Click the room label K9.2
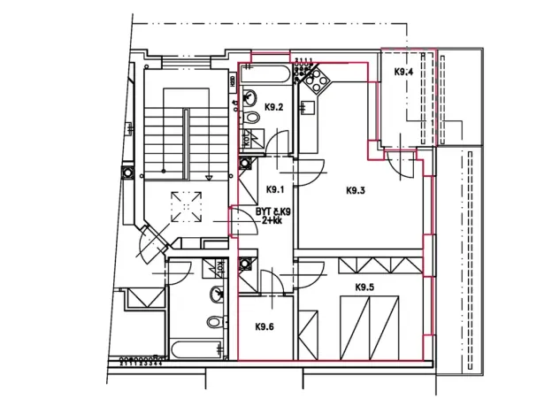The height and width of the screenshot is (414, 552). [x=274, y=108]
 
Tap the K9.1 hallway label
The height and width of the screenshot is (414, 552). [x=274, y=189]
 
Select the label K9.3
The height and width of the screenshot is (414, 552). [x=356, y=189]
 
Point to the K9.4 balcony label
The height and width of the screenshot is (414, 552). [x=403, y=72]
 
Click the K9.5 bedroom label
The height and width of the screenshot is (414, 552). [x=364, y=287]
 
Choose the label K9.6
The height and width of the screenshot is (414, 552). [x=264, y=326]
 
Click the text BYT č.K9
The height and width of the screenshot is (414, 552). [x=273, y=211]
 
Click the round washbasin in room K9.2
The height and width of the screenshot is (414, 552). [x=251, y=96]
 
